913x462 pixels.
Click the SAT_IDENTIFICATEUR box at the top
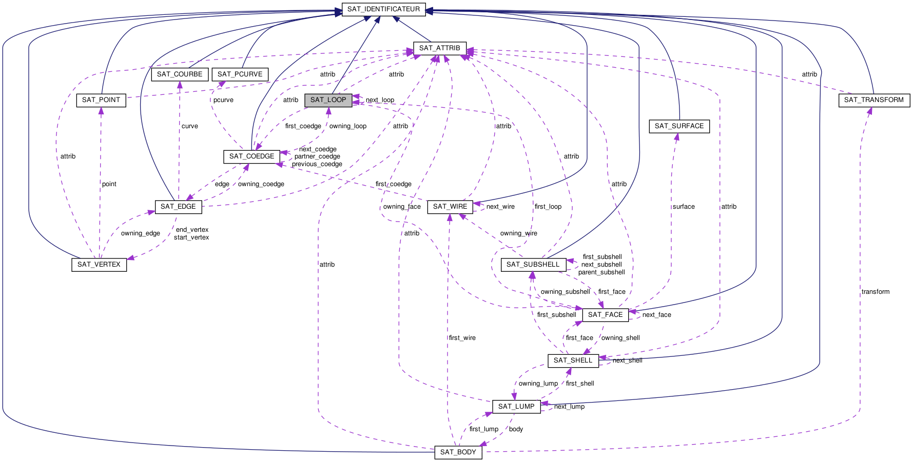383,9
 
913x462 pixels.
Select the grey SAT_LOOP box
328,100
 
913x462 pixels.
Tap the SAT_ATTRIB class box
439,48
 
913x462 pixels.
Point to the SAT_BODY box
458,452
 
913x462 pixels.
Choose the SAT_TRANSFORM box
873,100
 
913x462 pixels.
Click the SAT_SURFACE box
679,126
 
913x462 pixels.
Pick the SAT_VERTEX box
99,265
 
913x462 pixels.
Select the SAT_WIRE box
450,207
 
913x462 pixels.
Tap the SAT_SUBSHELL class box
533,265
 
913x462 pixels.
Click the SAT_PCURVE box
240,74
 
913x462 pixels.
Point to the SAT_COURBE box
179,74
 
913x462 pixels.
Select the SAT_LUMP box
516,407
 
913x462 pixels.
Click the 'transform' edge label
876,292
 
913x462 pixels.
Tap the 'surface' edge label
684,207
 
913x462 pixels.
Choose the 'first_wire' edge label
462,338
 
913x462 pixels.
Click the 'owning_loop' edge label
347,126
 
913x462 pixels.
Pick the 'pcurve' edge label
223,100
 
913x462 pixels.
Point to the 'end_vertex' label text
192,230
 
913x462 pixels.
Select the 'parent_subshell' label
601,272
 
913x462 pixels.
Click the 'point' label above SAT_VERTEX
109,184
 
